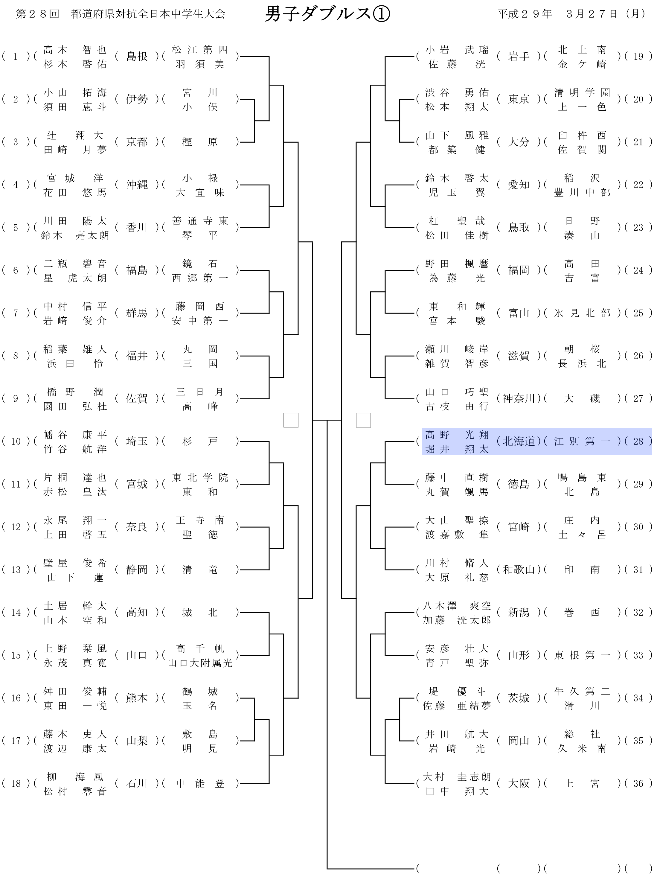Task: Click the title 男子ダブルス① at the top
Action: (327, 14)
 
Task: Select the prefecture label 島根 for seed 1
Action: (137, 57)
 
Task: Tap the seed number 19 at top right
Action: (638, 57)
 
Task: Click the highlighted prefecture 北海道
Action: (519, 441)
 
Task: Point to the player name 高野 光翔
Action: (457, 435)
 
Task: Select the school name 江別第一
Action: (582, 441)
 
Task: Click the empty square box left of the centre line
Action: (291, 420)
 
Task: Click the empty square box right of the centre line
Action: (363, 420)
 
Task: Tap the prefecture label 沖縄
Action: (137, 185)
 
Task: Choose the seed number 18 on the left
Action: (16, 783)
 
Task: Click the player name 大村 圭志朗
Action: (457, 777)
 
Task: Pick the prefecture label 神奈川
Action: (519, 398)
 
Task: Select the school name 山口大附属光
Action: (200, 663)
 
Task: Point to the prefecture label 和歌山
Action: (519, 570)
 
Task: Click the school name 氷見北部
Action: (582, 313)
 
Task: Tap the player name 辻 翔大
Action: (75, 135)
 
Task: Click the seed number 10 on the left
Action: (16, 441)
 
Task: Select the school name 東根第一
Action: (582, 655)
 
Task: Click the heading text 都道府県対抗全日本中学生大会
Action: (148, 14)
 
